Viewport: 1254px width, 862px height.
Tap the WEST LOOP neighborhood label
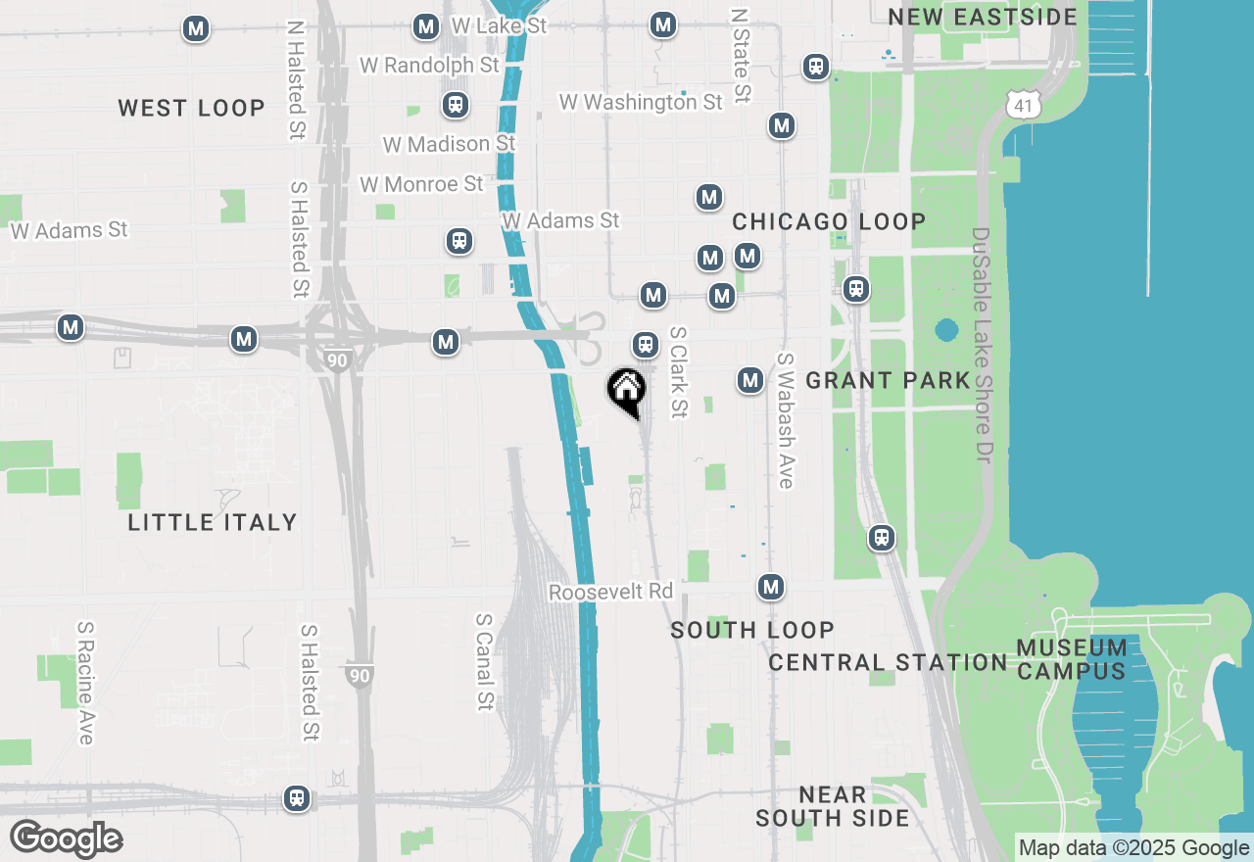point(192,108)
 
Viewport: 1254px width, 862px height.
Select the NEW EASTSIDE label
point(983,17)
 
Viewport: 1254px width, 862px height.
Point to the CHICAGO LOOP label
point(829,221)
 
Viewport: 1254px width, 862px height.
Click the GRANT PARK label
point(888,380)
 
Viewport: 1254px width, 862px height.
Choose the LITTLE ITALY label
point(213,522)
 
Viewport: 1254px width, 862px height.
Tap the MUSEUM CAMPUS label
point(1072,659)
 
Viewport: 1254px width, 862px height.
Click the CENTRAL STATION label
point(888,663)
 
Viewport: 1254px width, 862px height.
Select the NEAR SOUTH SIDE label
point(833,806)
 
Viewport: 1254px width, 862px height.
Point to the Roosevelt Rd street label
point(610,593)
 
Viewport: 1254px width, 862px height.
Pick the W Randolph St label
point(430,66)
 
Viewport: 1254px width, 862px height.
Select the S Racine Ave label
point(86,683)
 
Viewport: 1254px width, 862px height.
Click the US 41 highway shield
point(1025,104)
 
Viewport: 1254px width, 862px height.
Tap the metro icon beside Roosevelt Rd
point(771,587)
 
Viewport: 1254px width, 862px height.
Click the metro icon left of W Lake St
point(426,26)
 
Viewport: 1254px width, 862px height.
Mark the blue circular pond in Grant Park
point(945,330)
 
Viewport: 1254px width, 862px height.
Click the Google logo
point(66,839)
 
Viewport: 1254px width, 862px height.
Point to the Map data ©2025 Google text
point(1133,848)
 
